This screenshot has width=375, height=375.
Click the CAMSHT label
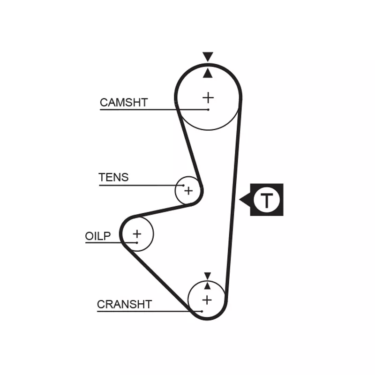[124, 102]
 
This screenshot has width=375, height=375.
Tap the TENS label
[113, 178]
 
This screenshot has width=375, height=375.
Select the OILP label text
[98, 236]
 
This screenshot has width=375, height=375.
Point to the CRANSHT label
[124, 304]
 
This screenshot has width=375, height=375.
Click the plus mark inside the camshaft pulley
[208, 97]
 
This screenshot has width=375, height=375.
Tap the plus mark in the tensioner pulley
[188, 191]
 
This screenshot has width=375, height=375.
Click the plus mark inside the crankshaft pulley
[207, 300]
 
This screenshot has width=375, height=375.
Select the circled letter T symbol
[266, 200]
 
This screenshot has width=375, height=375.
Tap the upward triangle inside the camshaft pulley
[208, 73]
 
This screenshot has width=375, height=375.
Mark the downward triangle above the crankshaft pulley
[207, 275]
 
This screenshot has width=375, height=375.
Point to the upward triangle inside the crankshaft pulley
[207, 285]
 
